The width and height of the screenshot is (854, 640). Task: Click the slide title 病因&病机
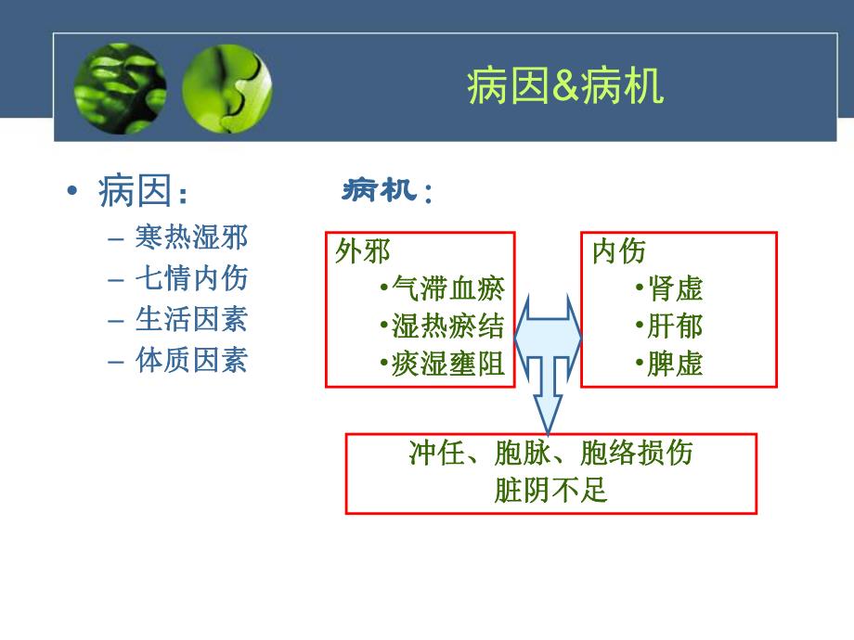tap(564, 89)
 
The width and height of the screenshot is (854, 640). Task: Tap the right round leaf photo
tap(226, 89)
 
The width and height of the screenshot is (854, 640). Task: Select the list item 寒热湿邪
tap(191, 237)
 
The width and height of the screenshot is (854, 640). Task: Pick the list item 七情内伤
tap(191, 278)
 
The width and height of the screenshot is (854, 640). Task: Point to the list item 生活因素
tap(191, 319)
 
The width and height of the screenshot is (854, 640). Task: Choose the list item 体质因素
tap(191, 360)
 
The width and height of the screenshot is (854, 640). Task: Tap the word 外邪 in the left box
tap(362, 251)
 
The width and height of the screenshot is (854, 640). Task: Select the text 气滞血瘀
tap(447, 288)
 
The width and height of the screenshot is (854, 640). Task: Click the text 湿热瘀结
tap(447, 326)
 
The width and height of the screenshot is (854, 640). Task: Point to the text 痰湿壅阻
tap(447, 364)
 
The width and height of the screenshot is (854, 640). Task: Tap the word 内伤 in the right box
tap(618, 251)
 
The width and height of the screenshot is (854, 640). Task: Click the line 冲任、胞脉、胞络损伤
tap(550, 454)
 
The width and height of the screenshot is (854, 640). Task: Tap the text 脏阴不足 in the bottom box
tap(550, 490)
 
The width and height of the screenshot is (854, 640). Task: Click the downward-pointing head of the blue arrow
tap(548, 414)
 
